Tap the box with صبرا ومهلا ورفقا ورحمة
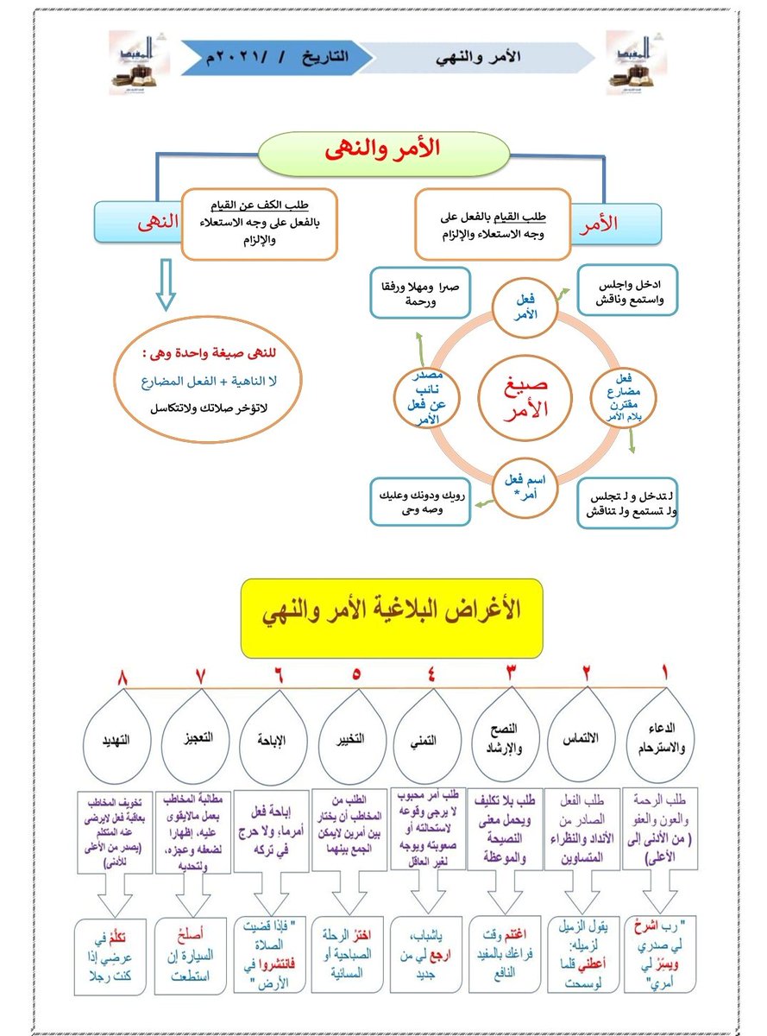pyautogui.click(x=420, y=294)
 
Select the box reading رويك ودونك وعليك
pyautogui.click(x=420, y=502)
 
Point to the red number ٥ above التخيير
pyautogui.click(x=356, y=673)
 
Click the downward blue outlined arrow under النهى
pyautogui.click(x=166, y=289)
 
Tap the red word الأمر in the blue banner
pyautogui.click(x=619, y=223)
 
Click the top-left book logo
pyautogui.click(x=140, y=62)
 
